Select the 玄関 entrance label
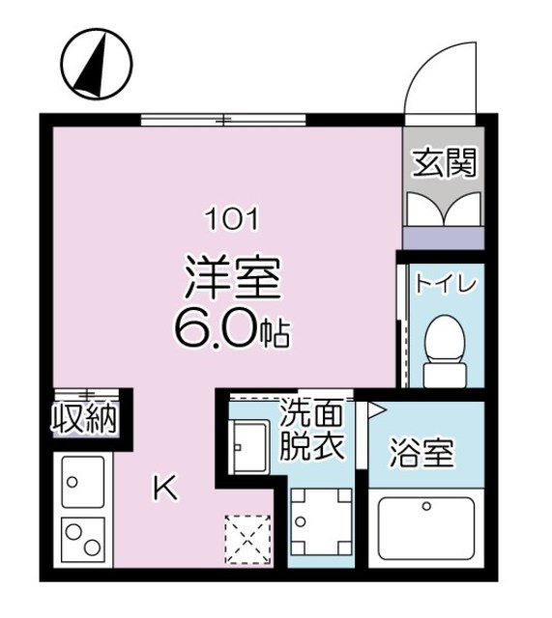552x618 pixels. [446, 164]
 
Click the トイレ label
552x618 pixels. [448, 285]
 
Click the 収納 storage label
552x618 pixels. [84, 419]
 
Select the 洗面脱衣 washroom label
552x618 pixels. [311, 432]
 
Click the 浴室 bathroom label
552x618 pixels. [422, 452]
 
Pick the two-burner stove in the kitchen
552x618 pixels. [82, 538]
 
